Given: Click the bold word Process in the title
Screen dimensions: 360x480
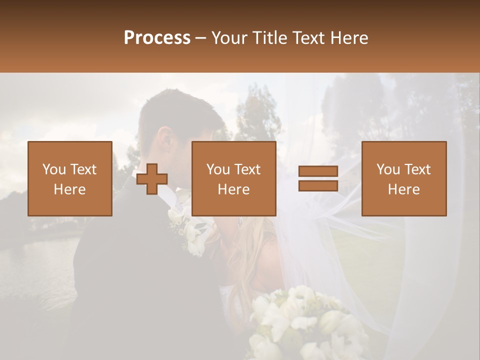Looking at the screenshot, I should click(x=157, y=38).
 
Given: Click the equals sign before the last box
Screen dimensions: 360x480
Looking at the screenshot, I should click(x=318, y=178).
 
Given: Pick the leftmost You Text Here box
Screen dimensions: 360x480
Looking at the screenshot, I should click(x=70, y=178).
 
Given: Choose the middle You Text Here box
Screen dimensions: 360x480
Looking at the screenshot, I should click(x=234, y=178).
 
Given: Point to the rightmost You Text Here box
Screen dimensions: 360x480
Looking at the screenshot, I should click(x=404, y=178).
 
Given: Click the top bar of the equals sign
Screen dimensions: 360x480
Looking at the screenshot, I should click(x=318, y=171).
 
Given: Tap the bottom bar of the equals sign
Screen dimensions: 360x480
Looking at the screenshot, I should click(x=318, y=185).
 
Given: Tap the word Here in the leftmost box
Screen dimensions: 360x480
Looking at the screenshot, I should click(x=70, y=189).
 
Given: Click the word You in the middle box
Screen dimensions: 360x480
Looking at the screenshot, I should click(x=217, y=169).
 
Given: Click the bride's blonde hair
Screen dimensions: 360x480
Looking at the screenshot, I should click(x=250, y=250).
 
